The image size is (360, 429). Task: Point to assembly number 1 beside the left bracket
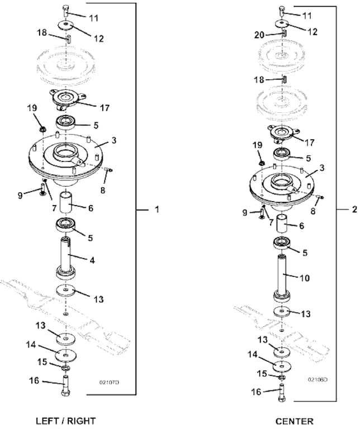click(x=157, y=209)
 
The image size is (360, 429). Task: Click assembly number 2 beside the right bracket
click(x=354, y=209)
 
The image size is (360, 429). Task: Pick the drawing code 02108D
click(x=317, y=379)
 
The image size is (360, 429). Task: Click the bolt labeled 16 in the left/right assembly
click(x=67, y=385)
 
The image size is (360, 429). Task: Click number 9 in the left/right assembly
click(x=20, y=194)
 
